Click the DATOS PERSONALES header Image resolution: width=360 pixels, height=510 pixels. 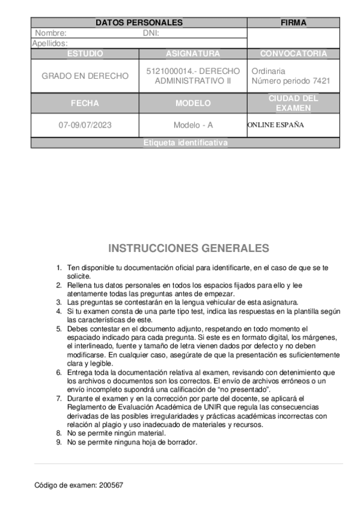[x=139, y=23]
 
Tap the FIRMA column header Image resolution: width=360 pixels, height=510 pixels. [x=293, y=23]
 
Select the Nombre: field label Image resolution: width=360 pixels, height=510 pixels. [x=50, y=33]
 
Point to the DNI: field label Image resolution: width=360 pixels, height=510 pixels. [x=150, y=33]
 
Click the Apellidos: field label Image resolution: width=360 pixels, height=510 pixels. [x=50, y=43]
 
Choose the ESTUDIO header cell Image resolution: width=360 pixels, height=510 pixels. [x=85, y=54]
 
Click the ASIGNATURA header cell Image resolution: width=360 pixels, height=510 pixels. [x=193, y=54]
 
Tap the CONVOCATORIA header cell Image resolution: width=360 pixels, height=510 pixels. [x=293, y=54]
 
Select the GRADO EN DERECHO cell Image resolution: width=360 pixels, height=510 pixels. [x=85, y=76]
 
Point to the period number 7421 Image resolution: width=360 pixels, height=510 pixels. [x=321, y=81]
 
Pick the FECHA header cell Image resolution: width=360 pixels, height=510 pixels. [x=85, y=103]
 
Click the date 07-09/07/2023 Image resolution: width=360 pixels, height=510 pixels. [x=85, y=126]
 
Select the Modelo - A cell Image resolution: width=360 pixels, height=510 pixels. [x=193, y=126]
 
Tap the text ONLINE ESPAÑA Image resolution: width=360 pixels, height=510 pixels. [x=275, y=125]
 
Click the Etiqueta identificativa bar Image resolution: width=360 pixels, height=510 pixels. [x=186, y=143]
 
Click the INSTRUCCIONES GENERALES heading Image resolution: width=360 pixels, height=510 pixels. [x=189, y=248]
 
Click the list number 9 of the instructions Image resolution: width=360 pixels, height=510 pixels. [x=58, y=442]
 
